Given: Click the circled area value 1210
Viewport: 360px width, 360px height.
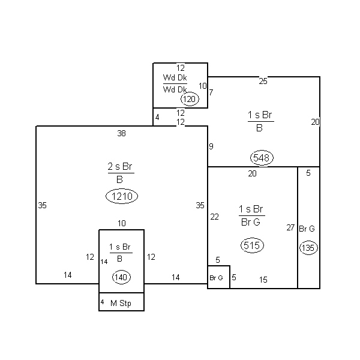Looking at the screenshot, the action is (x=122, y=196).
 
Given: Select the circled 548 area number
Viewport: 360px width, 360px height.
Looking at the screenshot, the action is (x=262, y=158).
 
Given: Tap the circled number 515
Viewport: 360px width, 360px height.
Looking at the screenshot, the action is (x=252, y=245).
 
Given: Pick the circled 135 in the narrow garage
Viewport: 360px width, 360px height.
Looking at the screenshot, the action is (x=308, y=248).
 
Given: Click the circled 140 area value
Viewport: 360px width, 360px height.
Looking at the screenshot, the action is (x=121, y=277).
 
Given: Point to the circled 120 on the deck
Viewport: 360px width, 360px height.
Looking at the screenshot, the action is (x=190, y=99).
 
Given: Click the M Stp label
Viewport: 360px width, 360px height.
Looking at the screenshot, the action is (x=121, y=303).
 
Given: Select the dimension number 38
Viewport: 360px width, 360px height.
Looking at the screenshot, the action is (x=121, y=133).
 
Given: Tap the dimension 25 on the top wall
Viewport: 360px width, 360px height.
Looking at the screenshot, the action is (x=263, y=81).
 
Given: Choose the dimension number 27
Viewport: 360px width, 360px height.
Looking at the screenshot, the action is (x=290, y=227).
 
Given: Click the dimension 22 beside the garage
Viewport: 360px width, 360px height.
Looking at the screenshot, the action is (x=214, y=217).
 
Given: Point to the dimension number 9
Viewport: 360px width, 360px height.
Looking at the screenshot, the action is (x=211, y=146).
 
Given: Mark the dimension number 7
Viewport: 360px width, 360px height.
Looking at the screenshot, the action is (x=211, y=92).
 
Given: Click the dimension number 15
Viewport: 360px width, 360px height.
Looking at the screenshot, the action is (x=263, y=280).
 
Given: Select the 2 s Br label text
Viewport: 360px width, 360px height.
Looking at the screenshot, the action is (x=120, y=166).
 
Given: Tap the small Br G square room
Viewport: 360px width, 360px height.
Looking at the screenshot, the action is (x=218, y=277).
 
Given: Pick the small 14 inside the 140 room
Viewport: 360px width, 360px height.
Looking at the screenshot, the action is (x=104, y=262).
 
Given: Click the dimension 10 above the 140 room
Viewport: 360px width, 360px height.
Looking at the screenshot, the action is (x=122, y=223).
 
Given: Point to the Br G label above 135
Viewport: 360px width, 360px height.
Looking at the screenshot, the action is (x=307, y=229).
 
